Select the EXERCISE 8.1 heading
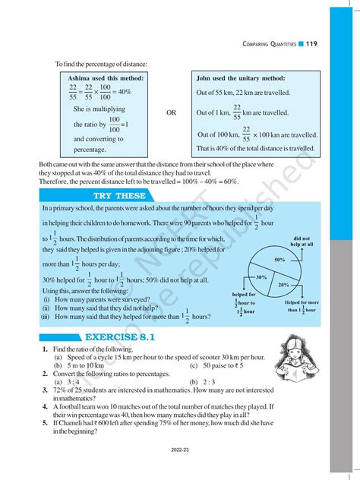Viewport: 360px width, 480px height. coord(114,336)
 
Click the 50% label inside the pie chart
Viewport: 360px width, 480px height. coord(279,260)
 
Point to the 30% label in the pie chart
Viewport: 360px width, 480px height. coord(261,277)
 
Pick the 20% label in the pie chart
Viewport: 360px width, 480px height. coord(283,285)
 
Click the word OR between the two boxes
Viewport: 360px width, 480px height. coord(171,112)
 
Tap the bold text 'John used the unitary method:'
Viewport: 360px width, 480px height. coord(241,78)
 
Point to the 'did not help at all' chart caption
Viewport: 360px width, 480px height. coord(302,242)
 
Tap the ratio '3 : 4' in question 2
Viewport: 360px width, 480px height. coord(73,382)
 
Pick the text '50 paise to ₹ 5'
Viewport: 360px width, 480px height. coord(219,365)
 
